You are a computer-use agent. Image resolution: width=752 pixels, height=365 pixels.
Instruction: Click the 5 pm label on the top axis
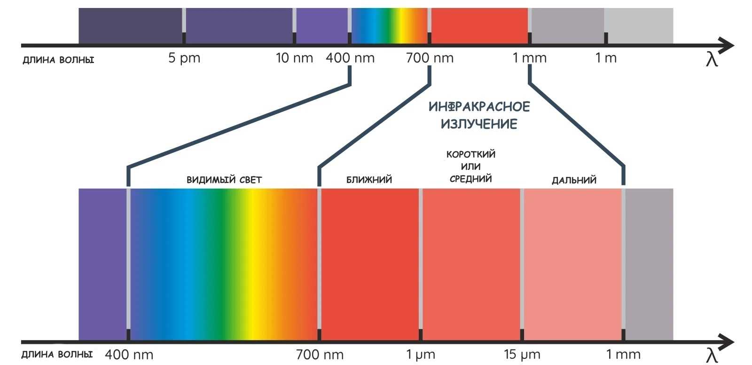[x=184, y=58]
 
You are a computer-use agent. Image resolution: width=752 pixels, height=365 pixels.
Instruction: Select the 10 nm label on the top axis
[x=294, y=58]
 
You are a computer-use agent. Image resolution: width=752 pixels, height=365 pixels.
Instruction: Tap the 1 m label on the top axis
[x=606, y=58]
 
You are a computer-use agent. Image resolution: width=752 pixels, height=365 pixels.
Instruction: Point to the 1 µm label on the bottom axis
[x=421, y=355]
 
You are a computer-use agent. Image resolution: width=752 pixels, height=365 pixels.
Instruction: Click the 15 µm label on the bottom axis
[x=522, y=355]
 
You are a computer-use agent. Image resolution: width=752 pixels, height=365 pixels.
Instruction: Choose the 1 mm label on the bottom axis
[x=623, y=355]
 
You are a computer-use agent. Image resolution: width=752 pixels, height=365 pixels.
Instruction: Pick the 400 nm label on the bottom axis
[x=129, y=355]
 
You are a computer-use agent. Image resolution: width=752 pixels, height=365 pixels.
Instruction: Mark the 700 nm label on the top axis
[x=430, y=58]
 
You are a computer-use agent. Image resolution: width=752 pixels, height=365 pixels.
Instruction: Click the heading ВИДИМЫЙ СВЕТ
[x=224, y=180]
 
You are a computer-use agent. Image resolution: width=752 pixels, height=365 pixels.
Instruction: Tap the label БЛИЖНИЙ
[x=369, y=180]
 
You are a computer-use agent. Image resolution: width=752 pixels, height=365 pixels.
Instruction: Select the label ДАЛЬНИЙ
[x=574, y=180]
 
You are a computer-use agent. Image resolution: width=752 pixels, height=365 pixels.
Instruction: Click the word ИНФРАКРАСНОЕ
[x=479, y=107]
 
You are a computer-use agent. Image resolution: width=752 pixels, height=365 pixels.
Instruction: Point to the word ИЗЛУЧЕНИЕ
[x=479, y=124]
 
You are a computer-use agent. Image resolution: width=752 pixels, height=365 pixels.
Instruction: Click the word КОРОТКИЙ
[x=471, y=154]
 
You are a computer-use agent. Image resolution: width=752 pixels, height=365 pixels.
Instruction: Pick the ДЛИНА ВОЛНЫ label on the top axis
[x=58, y=60]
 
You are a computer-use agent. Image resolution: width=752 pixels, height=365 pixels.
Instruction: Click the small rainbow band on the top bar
[x=390, y=26]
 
